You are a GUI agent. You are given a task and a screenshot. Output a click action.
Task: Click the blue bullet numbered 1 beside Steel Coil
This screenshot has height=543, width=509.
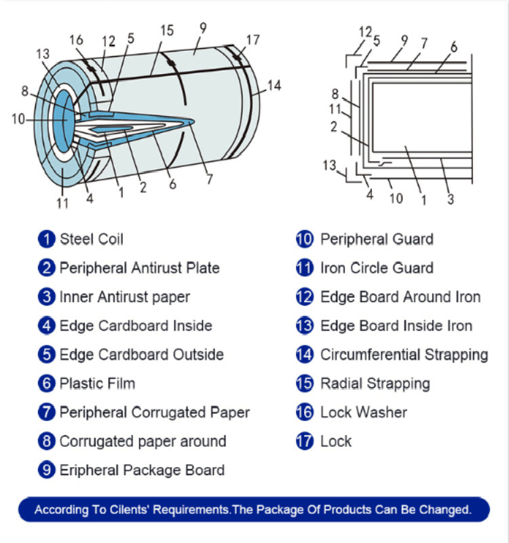(46, 239)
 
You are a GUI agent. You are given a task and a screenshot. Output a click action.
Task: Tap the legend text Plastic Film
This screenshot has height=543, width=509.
(97, 383)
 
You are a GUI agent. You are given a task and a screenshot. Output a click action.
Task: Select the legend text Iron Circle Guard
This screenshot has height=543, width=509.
(377, 268)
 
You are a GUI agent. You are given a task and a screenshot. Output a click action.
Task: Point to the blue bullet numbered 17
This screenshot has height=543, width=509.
(304, 441)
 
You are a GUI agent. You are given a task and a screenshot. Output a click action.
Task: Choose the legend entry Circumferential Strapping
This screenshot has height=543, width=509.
(404, 354)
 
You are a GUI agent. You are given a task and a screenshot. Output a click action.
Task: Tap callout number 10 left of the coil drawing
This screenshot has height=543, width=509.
(18, 119)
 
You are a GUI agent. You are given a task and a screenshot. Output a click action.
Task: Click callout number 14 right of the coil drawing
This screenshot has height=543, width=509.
(274, 86)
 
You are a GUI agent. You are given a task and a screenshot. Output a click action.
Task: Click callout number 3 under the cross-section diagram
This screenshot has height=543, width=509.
(451, 200)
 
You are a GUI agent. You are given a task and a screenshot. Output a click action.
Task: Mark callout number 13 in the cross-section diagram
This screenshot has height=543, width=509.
(329, 166)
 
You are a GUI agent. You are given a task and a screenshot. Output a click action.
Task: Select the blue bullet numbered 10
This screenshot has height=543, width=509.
(304, 239)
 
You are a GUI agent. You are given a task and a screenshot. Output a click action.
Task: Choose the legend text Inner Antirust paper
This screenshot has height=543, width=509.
(125, 297)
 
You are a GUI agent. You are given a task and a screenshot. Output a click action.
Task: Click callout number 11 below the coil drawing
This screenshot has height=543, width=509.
(62, 202)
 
